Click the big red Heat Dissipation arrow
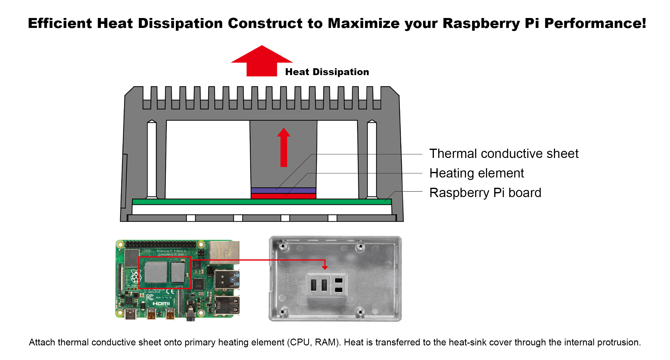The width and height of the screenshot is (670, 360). click(x=262, y=62)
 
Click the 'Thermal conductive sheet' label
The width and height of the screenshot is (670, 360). click(x=504, y=154)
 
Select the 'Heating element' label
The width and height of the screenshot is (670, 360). click(x=476, y=173)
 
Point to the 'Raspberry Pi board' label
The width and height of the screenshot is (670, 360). click(x=485, y=193)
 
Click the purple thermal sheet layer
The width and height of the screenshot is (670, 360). click(x=283, y=190)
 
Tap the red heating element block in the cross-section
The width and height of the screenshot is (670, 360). click(x=283, y=196)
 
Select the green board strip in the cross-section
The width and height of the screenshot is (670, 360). click(x=261, y=202)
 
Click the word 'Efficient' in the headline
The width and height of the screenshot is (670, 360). click(x=60, y=24)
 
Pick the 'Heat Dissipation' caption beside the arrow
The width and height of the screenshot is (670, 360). click(x=327, y=72)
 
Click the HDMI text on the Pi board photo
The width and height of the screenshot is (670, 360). click(x=161, y=303)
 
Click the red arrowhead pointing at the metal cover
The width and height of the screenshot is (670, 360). click(x=325, y=267)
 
